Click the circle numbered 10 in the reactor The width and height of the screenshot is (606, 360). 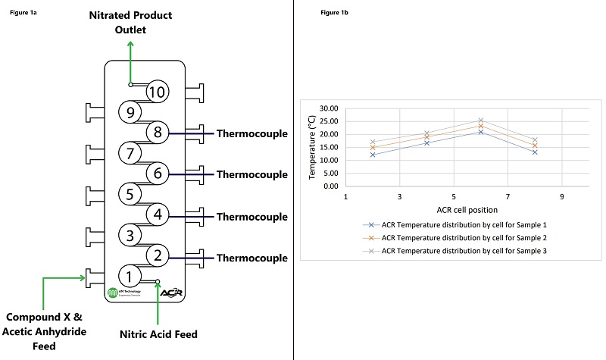157,92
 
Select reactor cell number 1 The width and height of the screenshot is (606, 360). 130,277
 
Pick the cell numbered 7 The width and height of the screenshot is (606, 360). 130,154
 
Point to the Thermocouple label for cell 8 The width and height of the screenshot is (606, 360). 251,134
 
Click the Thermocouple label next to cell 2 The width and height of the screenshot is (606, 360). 251,258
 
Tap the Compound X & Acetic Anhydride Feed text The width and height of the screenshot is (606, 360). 46,330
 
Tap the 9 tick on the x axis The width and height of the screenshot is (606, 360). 561,196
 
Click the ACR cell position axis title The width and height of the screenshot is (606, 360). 454,209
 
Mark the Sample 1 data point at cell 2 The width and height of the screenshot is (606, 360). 373,155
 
